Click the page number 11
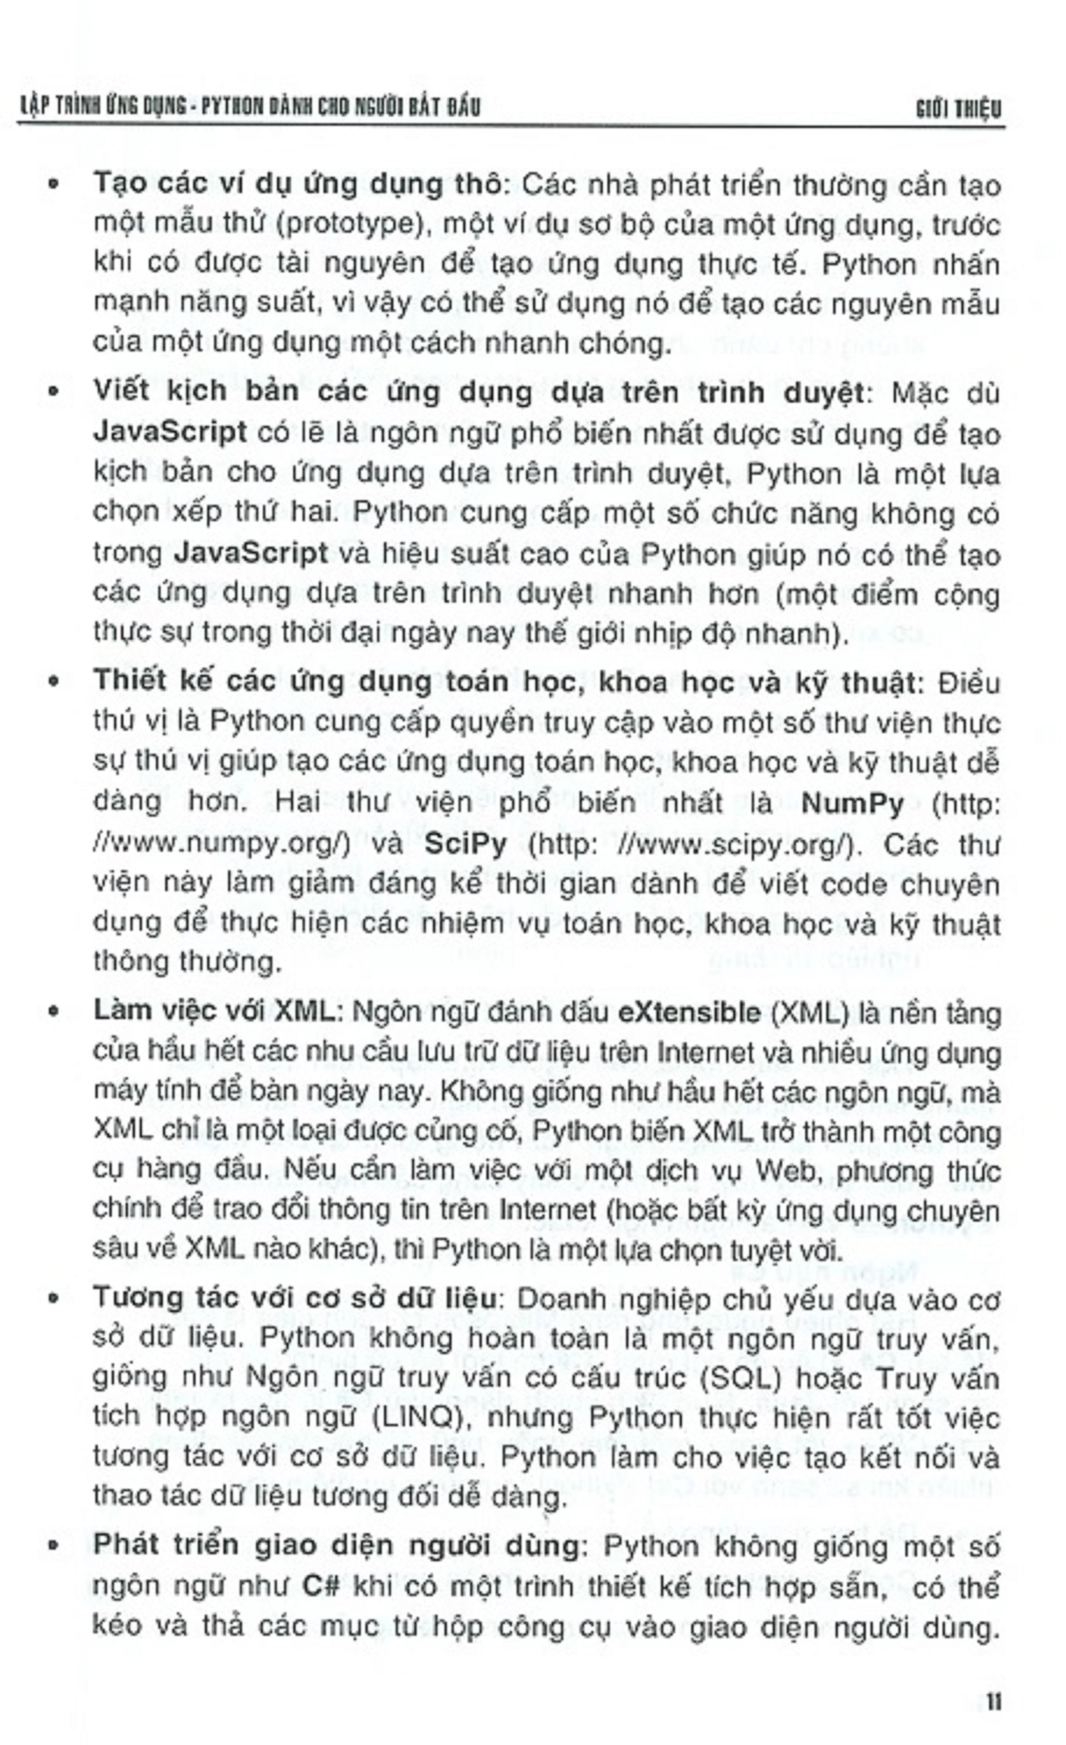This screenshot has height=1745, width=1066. click(x=993, y=1702)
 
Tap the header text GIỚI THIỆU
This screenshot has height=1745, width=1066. click(x=958, y=109)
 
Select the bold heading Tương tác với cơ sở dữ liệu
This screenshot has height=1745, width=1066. click(x=294, y=1300)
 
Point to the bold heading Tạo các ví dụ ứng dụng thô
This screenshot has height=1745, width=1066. click(x=297, y=186)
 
